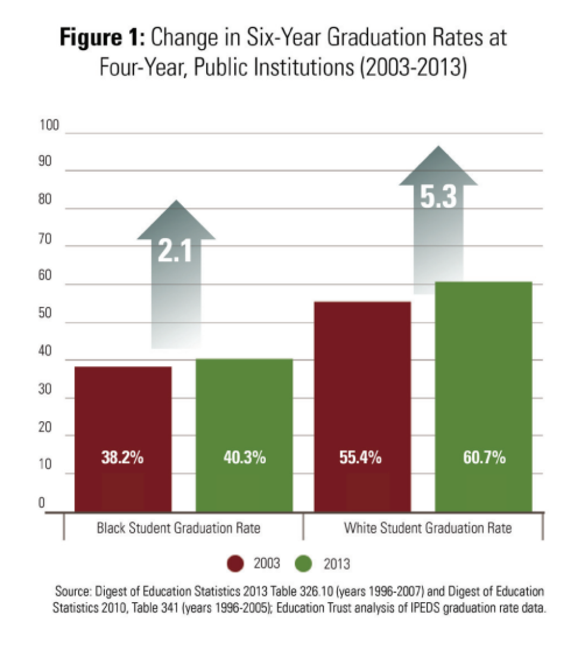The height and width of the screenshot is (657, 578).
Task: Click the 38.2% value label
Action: coord(123,459)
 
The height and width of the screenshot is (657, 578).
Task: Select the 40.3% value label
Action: coord(244,459)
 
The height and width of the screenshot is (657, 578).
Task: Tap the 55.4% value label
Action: coord(362,459)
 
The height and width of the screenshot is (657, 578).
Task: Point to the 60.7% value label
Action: coord(484,459)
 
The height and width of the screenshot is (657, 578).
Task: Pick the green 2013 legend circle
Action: coord(305,563)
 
